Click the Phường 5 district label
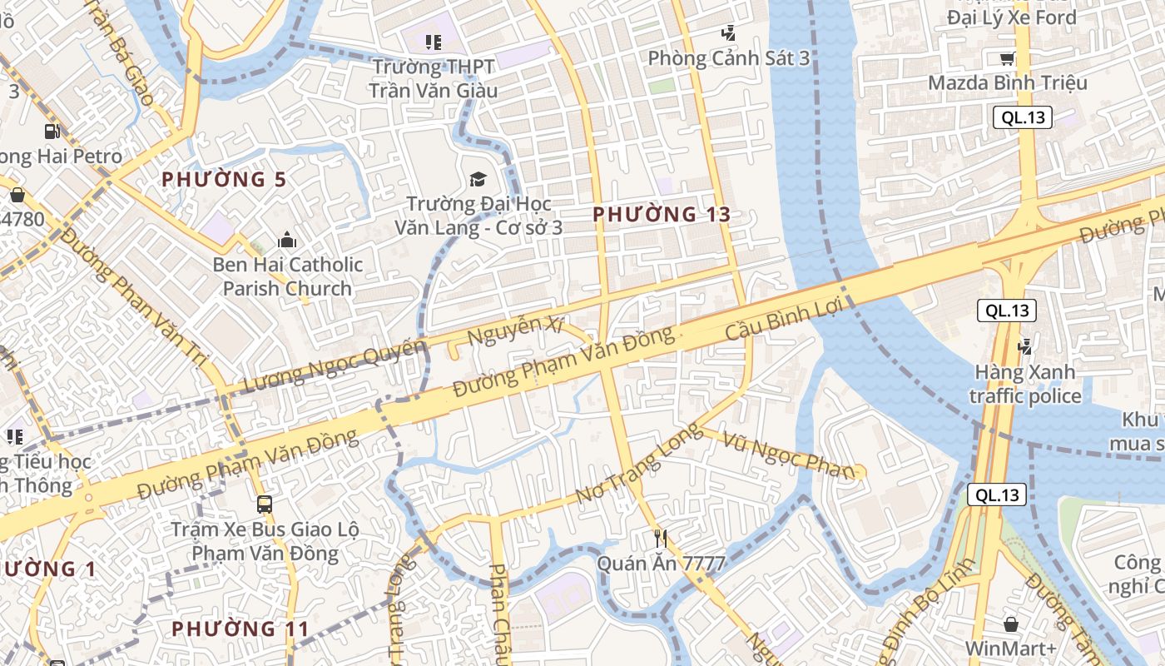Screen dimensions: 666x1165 point(224,179)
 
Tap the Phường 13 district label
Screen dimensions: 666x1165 point(662,214)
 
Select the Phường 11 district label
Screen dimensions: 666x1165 point(240,629)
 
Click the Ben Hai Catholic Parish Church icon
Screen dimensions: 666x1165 point(287,241)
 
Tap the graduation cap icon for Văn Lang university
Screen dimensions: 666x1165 point(478,179)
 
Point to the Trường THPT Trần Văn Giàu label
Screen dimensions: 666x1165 point(433,78)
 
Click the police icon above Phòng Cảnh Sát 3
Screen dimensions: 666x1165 point(729,33)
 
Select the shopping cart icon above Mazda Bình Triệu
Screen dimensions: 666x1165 point(1007,58)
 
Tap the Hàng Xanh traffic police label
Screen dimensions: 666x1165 point(1025,383)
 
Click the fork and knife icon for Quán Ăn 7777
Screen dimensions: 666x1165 point(661,538)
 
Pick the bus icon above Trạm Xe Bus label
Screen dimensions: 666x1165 point(265,504)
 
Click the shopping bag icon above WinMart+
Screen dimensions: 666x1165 point(1010,624)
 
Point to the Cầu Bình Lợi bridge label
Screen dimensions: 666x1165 point(785,320)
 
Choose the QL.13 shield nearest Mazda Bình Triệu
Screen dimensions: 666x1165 point(1023,117)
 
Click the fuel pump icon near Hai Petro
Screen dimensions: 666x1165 point(52,131)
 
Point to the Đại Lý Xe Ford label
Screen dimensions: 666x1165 point(1011,17)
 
